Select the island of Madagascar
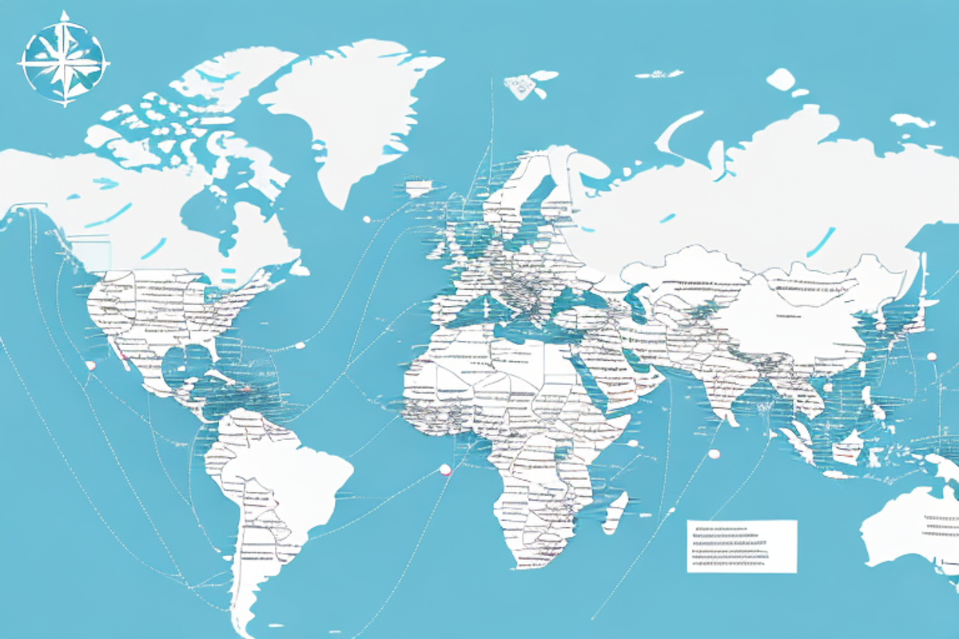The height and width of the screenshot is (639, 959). point(614,512)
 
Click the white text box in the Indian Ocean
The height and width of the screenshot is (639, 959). point(742,546)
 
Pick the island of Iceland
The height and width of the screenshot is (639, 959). point(418,189)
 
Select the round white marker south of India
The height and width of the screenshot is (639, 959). point(714,454)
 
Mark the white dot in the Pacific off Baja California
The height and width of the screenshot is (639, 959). point(90,365)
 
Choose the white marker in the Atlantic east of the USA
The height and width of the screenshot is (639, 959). point(300,345)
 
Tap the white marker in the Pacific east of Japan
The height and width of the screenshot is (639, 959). point(932,356)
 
